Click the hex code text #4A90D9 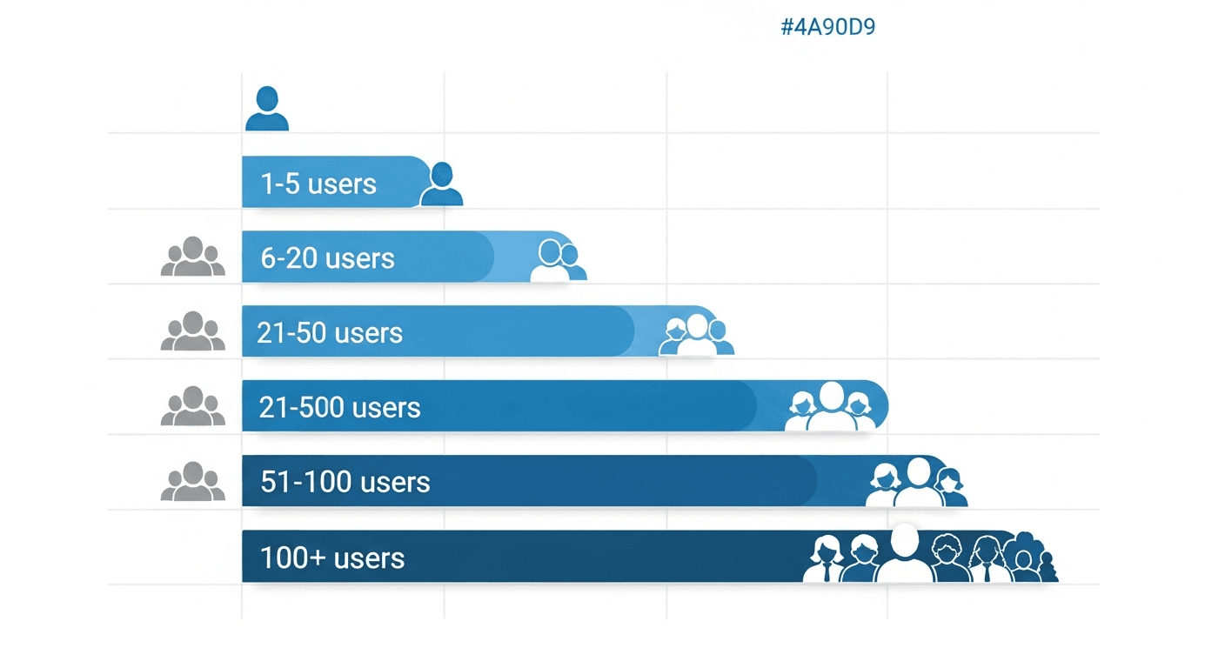pyautogui.click(x=827, y=27)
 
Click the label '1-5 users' pyautogui.click(x=318, y=184)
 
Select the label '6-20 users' pyautogui.click(x=327, y=258)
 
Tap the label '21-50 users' pyautogui.click(x=330, y=332)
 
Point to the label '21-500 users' pyautogui.click(x=339, y=407)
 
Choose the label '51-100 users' pyautogui.click(x=345, y=482)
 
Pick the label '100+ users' pyautogui.click(x=332, y=558)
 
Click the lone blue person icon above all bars pyautogui.click(x=266, y=109)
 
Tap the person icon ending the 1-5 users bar pyautogui.click(x=441, y=184)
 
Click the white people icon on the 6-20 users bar pyautogui.click(x=554, y=260)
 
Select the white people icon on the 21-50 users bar pyautogui.click(x=696, y=335)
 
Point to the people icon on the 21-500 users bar pyautogui.click(x=831, y=407)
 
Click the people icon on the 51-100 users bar pyautogui.click(x=917, y=483)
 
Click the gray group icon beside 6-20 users pyautogui.click(x=193, y=257)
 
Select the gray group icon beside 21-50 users pyautogui.click(x=193, y=331)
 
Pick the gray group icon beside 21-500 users pyautogui.click(x=193, y=406)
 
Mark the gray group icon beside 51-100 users pyautogui.click(x=193, y=481)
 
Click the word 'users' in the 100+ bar pyautogui.click(x=369, y=558)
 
